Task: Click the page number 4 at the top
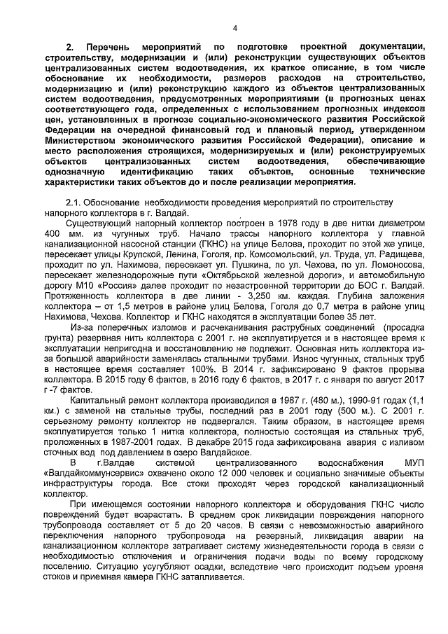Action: click(x=234, y=28)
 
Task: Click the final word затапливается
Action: click(x=207, y=578)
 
